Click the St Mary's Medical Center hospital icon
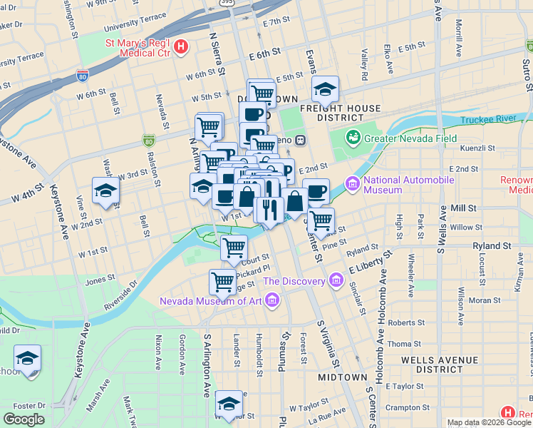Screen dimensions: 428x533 (x=182, y=48)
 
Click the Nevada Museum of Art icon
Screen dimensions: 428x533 (x=271, y=300)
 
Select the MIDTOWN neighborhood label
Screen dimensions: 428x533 (x=342, y=377)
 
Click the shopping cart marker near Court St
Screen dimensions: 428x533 (x=233, y=248)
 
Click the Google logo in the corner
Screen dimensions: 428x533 (x=24, y=419)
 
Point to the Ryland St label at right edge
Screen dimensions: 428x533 (x=492, y=245)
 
